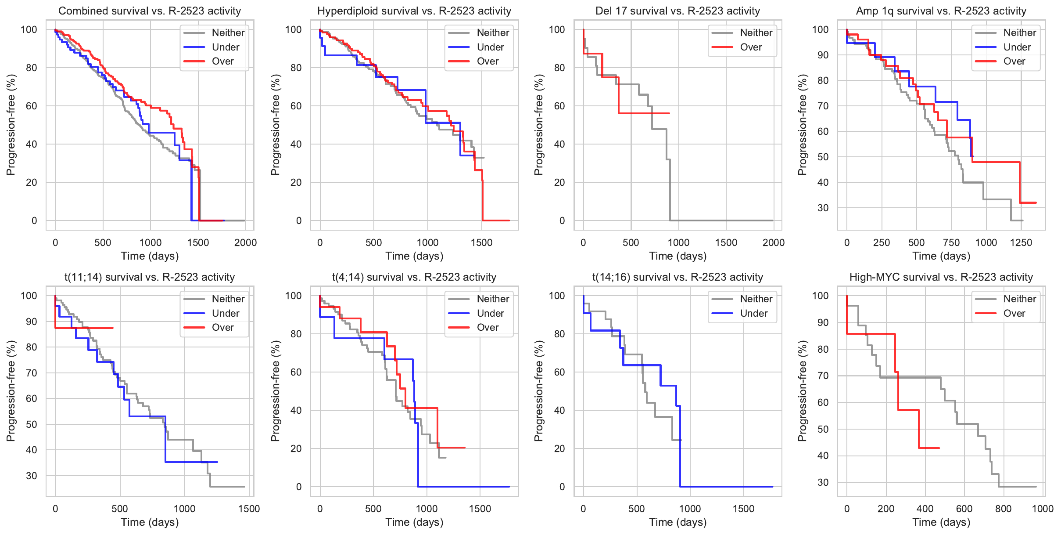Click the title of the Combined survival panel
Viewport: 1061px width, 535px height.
click(150, 11)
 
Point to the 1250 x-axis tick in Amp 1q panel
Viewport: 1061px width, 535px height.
click(1021, 242)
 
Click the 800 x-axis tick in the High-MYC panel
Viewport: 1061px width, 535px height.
click(1003, 509)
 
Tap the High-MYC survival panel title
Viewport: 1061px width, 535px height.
click(941, 277)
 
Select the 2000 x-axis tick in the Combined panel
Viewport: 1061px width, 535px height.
click(245, 242)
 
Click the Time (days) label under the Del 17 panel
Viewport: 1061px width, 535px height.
click(677, 256)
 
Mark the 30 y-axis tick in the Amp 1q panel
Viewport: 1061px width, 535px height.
click(823, 208)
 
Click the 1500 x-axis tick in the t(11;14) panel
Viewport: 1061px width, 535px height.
click(249, 509)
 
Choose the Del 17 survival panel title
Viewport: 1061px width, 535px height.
click(677, 11)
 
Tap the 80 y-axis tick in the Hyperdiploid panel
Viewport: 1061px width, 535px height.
click(296, 68)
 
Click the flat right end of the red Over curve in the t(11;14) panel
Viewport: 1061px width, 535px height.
click(112, 328)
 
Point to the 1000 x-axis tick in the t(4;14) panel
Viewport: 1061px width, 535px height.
click(427, 509)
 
